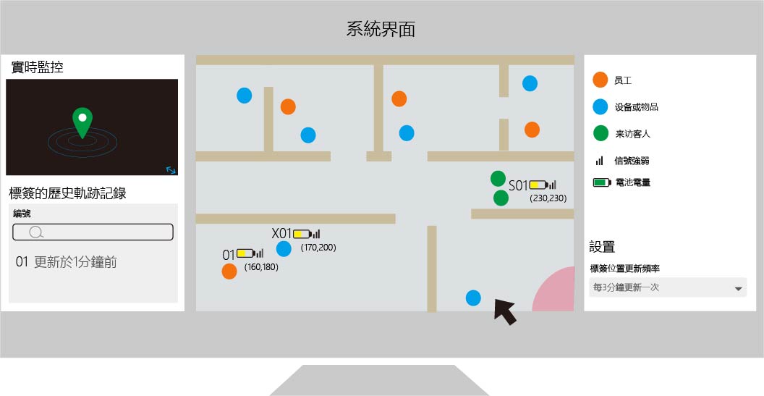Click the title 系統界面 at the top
point(381,29)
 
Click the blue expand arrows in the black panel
point(171,169)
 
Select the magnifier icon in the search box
point(36,232)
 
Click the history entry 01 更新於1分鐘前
point(67,262)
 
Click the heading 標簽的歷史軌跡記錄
point(68,193)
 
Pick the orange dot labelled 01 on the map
point(229,271)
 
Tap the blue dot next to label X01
point(284,249)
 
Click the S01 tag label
point(519,185)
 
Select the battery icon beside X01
point(302,234)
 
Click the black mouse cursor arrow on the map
point(505,312)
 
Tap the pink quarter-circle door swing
point(553,289)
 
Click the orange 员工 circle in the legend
point(600,80)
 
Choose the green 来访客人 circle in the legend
point(600,133)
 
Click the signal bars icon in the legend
point(600,161)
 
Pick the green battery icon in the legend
point(602,182)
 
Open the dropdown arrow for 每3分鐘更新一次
point(738,289)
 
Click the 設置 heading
point(602,247)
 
